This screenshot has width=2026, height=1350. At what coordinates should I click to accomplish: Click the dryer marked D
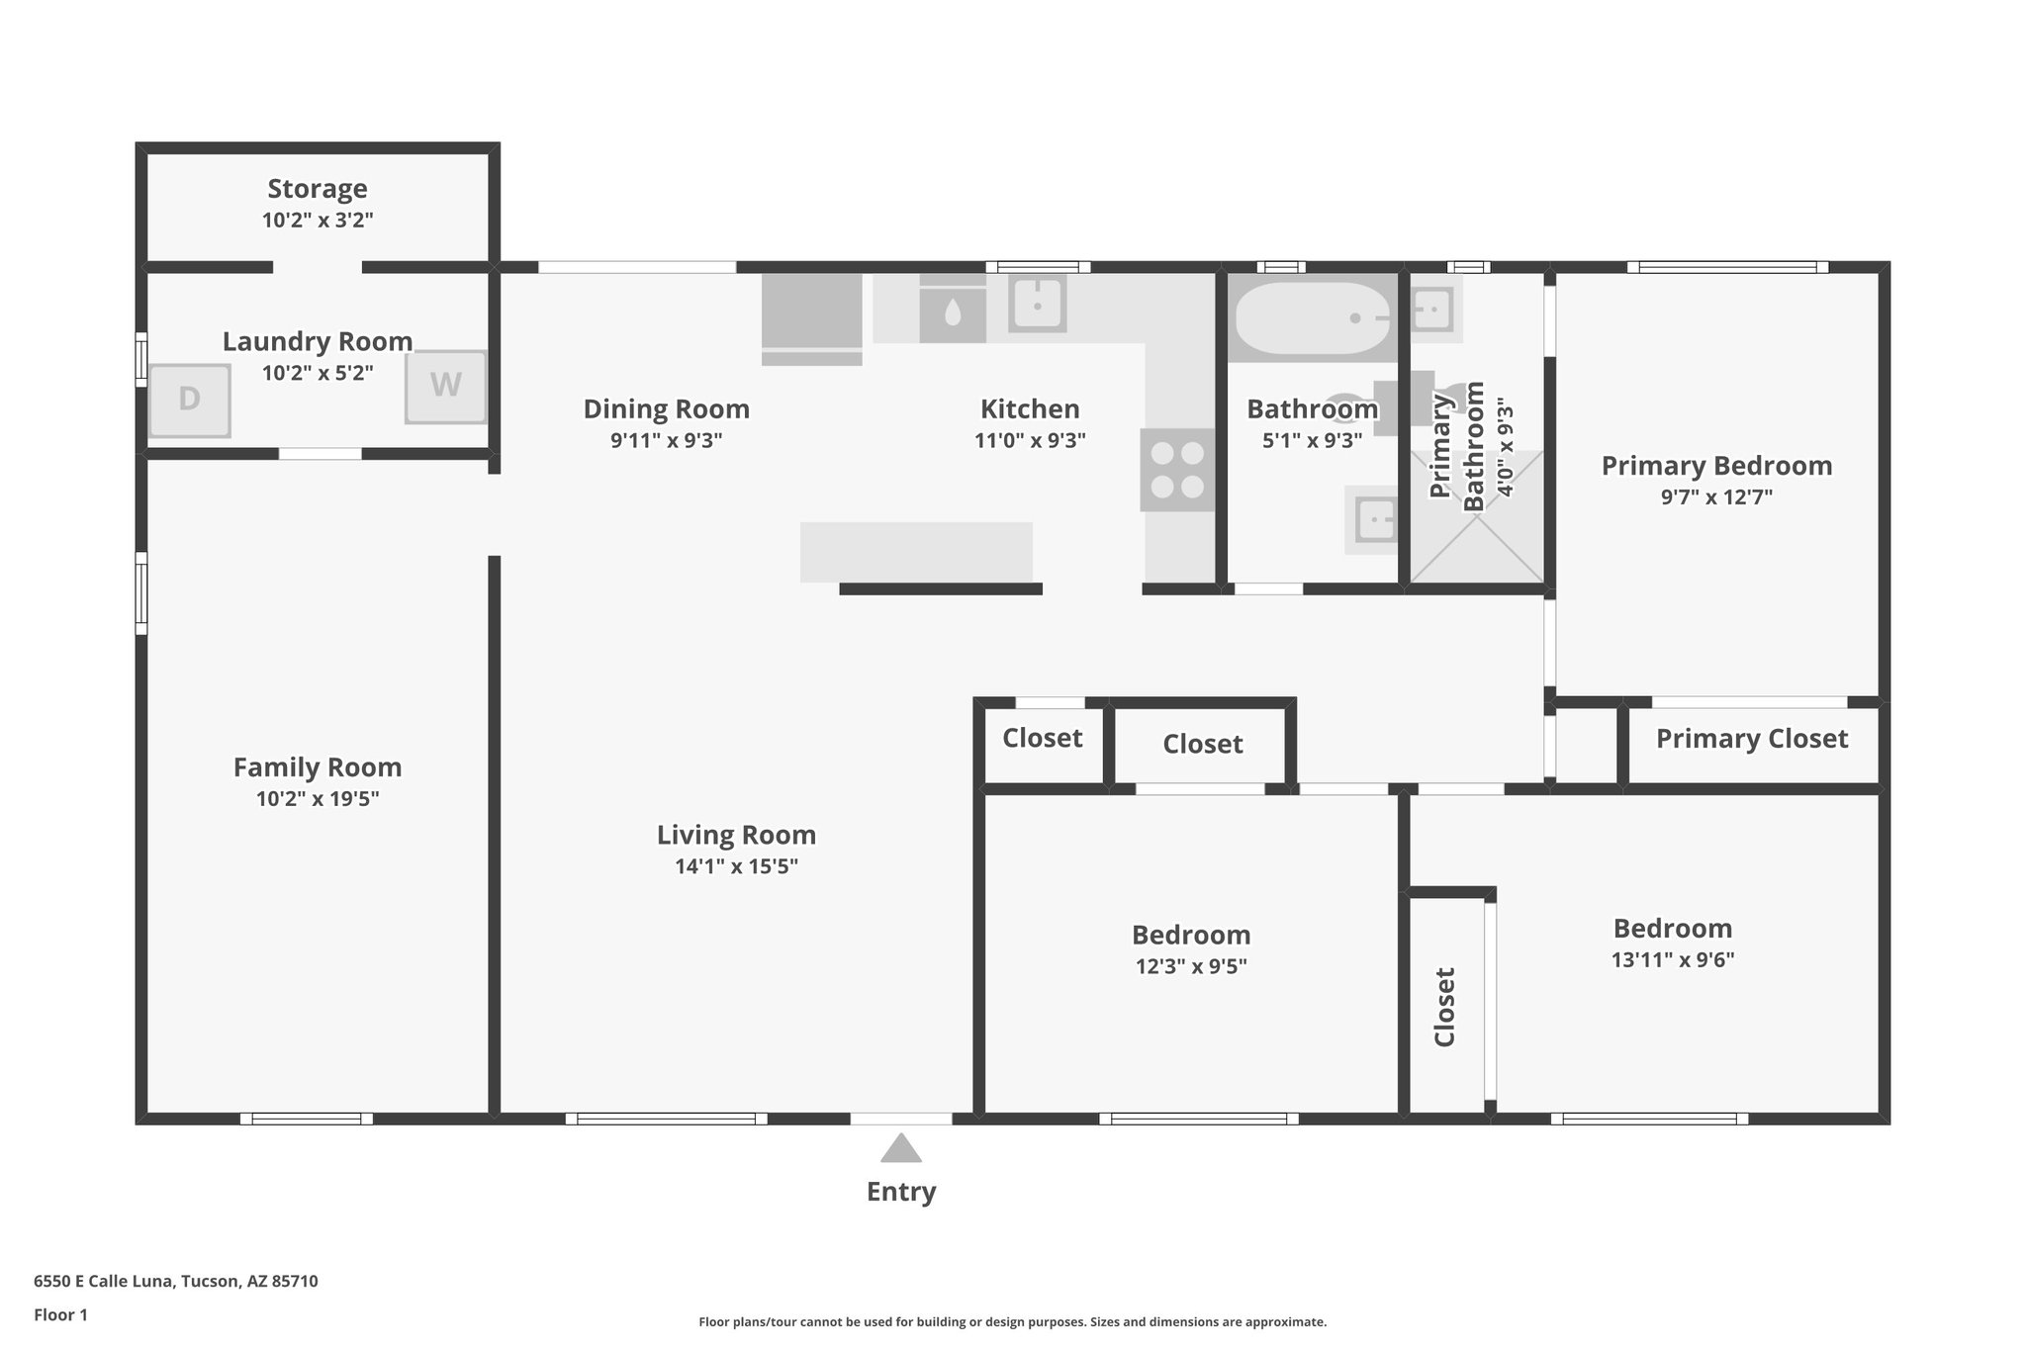(189, 401)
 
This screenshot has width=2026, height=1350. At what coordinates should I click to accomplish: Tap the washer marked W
(446, 387)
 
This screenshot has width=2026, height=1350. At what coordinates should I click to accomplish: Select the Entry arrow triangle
(901, 1148)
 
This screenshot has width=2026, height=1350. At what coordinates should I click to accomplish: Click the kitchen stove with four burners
(1177, 470)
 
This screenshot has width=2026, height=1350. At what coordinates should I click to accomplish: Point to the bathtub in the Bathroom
(1312, 318)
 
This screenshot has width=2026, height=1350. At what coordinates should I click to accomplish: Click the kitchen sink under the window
(1038, 304)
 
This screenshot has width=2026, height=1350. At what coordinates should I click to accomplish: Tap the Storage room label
(318, 188)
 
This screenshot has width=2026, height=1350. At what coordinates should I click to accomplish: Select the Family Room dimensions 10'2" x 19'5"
(318, 799)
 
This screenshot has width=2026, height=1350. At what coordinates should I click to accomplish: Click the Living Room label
(737, 835)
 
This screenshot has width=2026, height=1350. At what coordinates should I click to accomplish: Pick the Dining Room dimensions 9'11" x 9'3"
(667, 440)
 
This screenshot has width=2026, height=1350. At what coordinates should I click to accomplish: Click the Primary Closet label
(1752, 739)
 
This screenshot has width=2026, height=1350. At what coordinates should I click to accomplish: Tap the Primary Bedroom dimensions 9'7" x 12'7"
(1716, 496)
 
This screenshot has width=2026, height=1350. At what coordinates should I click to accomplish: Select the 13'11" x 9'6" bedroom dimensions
(1673, 959)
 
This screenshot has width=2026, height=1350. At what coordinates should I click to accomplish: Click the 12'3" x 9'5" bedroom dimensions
(1191, 966)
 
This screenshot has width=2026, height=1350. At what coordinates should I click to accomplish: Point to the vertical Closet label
(1444, 1007)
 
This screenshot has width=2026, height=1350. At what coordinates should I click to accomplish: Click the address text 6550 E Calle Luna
(104, 1281)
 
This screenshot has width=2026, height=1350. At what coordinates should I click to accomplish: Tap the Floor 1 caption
(60, 1315)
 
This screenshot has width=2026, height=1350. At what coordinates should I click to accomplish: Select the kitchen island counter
(916, 552)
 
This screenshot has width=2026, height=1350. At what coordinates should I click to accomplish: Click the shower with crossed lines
(1476, 516)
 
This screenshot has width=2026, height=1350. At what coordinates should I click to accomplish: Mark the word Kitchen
(1030, 408)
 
